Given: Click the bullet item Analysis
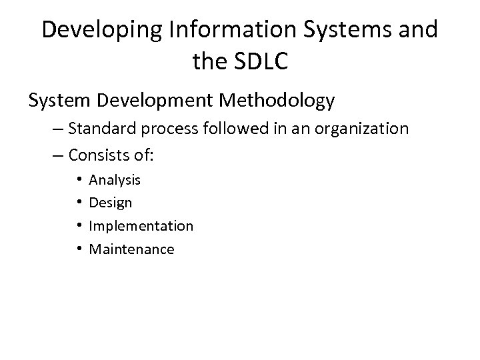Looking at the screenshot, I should [115, 180].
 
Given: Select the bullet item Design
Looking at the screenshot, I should [111, 203].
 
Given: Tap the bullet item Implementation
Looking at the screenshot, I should [141, 226].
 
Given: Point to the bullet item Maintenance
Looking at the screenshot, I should [132, 249].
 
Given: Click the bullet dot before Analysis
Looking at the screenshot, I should [79, 179].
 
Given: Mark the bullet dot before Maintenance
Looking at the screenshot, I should [79, 249].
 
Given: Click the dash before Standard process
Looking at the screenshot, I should [54, 129].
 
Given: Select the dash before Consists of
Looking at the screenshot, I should [54, 155].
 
